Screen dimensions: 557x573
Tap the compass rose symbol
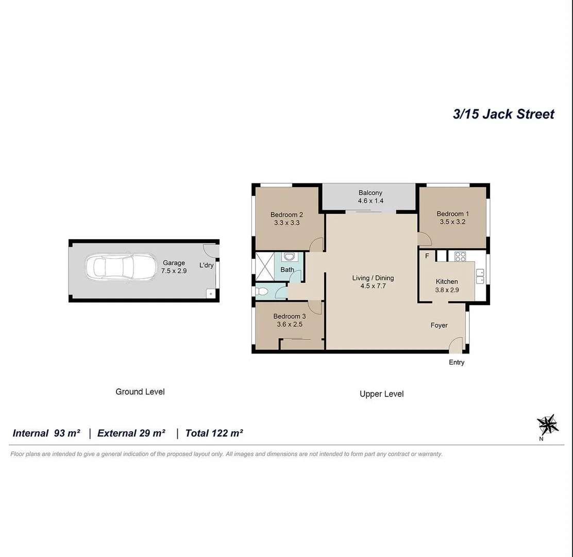pos(547,424)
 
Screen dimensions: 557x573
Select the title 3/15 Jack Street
pos(503,114)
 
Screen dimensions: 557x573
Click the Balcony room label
pos(370,193)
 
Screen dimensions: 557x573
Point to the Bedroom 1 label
pos(453,214)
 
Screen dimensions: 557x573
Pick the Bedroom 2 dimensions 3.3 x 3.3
pos(287,223)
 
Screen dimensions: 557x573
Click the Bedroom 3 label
pos(290,316)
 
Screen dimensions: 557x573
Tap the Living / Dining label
pos(373,278)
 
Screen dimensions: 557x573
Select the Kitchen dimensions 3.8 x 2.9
pos(447,290)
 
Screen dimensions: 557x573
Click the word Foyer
pos(439,325)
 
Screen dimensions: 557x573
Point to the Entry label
pos(457,363)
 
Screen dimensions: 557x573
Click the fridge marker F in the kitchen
pos(427,256)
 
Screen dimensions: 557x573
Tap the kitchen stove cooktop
pos(460,255)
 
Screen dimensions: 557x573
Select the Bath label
pos(288,270)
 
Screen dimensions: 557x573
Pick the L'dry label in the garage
pos(207,266)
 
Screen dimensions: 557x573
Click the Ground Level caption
pos(140,392)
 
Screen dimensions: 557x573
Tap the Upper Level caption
pos(381,394)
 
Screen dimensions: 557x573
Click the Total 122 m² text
pos(214,433)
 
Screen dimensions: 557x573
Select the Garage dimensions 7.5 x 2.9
pos(174,270)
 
